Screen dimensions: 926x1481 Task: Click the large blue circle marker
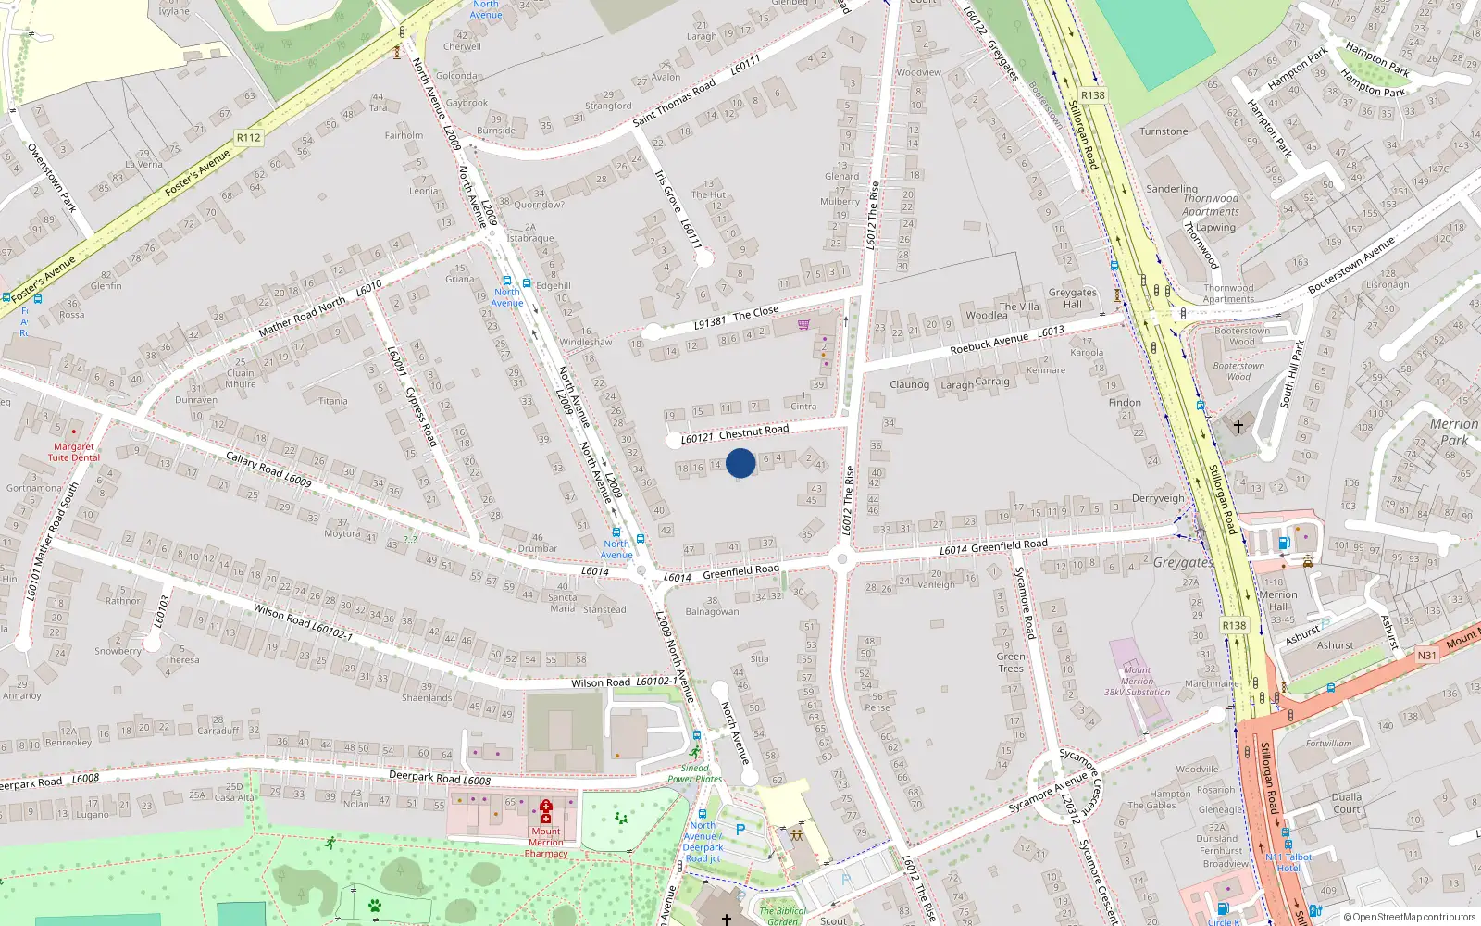click(740, 463)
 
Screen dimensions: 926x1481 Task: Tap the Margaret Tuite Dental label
click(74, 452)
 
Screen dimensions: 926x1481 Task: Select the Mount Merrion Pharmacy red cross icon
click(546, 812)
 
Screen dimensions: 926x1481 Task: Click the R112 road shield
click(248, 138)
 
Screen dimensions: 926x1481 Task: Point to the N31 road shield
click(1426, 656)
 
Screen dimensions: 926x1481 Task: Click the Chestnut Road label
click(753, 431)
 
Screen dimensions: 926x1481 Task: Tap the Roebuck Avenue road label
click(989, 344)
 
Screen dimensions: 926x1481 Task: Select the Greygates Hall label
click(1072, 298)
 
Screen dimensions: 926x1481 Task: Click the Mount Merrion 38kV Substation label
click(1137, 681)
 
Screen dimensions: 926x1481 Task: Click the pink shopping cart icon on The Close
click(803, 324)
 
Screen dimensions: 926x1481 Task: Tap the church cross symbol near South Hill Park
click(1238, 427)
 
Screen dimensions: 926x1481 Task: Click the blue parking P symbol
click(740, 830)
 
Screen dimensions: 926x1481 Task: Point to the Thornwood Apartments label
click(1210, 205)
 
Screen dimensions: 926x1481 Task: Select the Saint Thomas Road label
click(674, 102)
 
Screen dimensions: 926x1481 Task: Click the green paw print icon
click(375, 906)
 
